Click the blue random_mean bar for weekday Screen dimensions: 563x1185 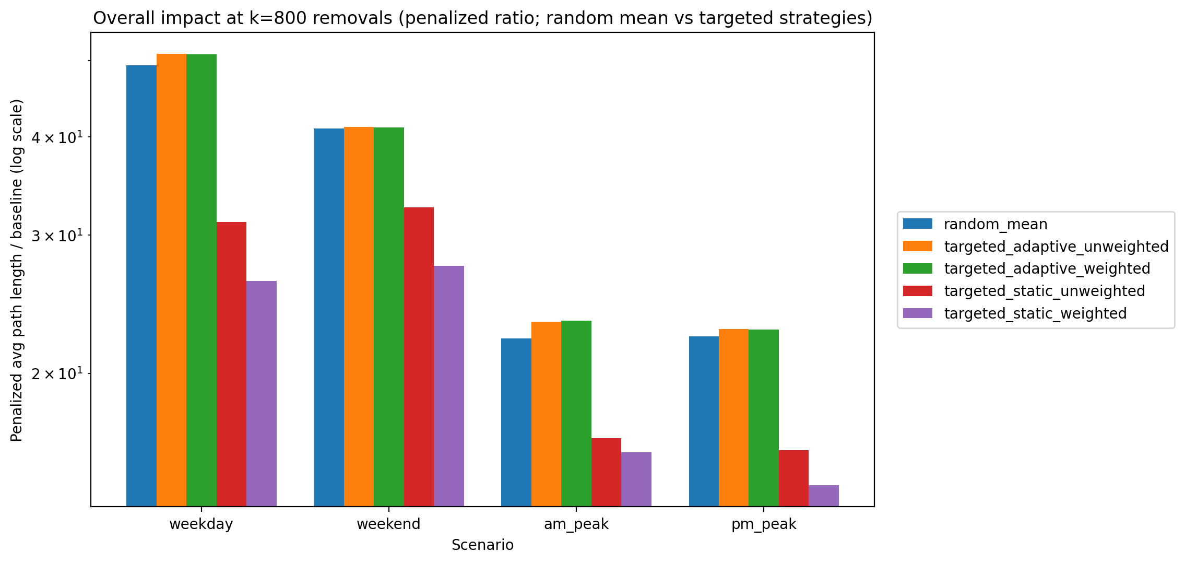(x=141, y=286)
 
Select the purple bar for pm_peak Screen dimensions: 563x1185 (x=824, y=496)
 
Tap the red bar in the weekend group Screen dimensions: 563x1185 (x=419, y=357)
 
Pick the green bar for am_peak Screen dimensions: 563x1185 (x=576, y=413)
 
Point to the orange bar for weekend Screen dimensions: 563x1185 (x=359, y=316)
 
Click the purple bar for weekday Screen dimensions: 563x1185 (x=262, y=393)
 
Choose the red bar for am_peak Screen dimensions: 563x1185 (x=606, y=472)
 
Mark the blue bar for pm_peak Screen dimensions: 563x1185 (x=704, y=421)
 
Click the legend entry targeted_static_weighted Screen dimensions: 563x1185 (x=1035, y=313)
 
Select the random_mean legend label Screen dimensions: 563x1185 (x=996, y=224)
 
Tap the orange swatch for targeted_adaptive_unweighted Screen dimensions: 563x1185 (x=917, y=246)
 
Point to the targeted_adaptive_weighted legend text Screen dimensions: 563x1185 (x=1047, y=268)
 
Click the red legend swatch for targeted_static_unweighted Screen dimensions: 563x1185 (x=917, y=291)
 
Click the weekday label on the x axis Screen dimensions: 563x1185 (x=201, y=524)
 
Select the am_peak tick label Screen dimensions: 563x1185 (x=576, y=524)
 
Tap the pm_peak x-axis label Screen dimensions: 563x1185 (x=764, y=524)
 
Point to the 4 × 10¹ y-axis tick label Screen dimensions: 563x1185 (x=57, y=137)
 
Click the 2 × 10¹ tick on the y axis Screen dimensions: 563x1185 (x=57, y=374)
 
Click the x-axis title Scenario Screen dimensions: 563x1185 (x=482, y=545)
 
